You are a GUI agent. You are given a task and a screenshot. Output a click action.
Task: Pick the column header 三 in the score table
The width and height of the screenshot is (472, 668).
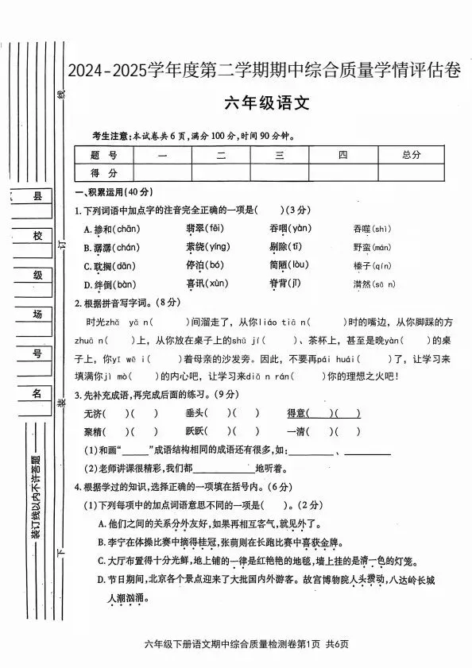click(x=280, y=155)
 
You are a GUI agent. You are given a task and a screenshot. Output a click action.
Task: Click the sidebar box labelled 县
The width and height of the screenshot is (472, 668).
click(x=35, y=196)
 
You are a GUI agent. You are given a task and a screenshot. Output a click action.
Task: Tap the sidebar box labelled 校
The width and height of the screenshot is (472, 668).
click(x=35, y=236)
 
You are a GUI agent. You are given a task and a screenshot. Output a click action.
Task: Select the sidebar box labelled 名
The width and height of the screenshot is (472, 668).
click(x=35, y=393)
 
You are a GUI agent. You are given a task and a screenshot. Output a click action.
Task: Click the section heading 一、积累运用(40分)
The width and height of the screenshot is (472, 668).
click(x=112, y=193)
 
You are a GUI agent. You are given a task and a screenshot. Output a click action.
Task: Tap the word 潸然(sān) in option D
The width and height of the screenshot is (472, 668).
click(x=373, y=284)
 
